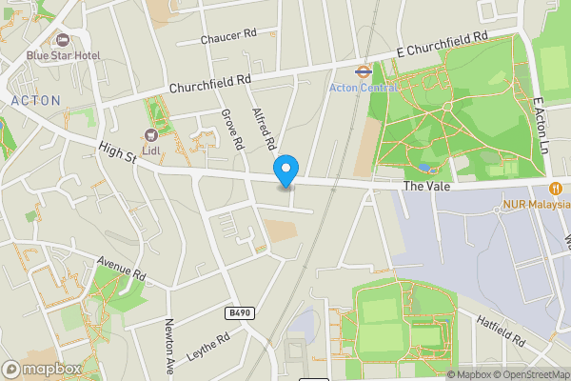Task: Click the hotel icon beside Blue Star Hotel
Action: pos(63,40)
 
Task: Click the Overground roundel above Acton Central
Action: pos(363,70)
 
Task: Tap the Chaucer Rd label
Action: pos(229,39)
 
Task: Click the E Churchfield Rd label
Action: pos(443,42)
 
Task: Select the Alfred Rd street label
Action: pos(264,129)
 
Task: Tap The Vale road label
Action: pos(424,187)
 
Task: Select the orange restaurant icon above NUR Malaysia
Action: pos(554,186)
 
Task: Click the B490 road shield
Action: pos(242,311)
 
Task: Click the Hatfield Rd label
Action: pos(500,330)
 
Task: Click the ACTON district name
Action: pos(34,100)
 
